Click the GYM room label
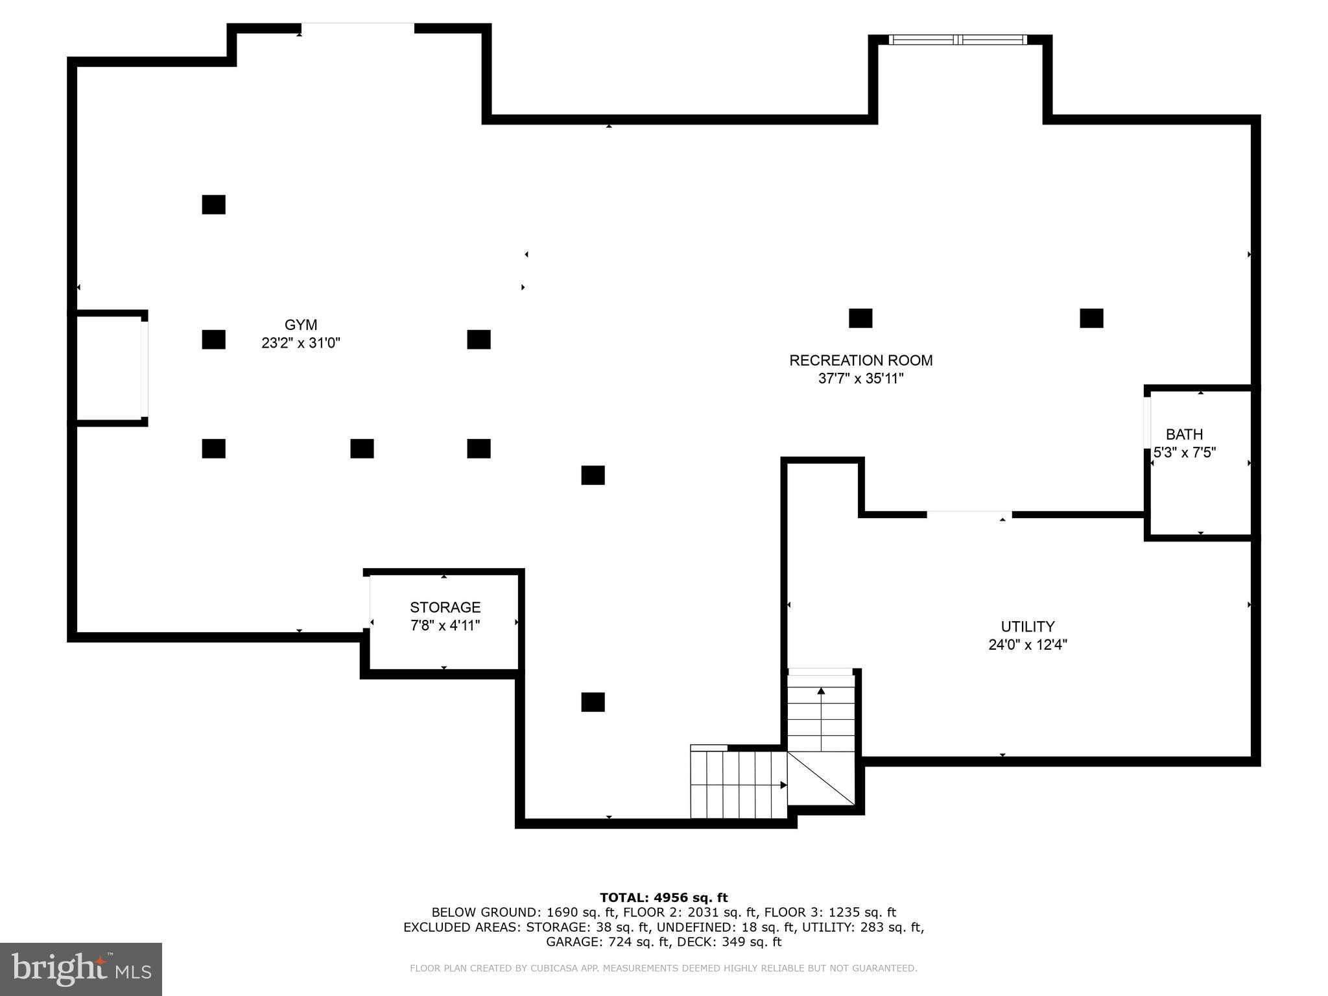coord(301,325)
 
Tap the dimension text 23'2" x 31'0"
coord(301,343)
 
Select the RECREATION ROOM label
coord(860,361)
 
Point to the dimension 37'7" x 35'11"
coord(860,379)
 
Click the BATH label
coord(1184,434)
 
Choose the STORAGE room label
coord(445,608)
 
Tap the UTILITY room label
coord(1028,626)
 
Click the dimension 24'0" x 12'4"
coord(1028,645)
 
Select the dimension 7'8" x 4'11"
coord(445,626)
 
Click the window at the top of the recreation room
coord(958,40)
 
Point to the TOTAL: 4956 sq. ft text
coord(663,897)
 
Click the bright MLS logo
coord(81,969)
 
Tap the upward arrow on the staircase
coord(821,693)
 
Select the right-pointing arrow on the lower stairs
coord(783,785)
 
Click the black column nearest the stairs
coord(593,702)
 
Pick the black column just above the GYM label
coord(213,204)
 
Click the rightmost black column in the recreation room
coord(1091,318)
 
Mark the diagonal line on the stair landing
coord(821,778)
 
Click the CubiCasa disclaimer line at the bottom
coord(663,968)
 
